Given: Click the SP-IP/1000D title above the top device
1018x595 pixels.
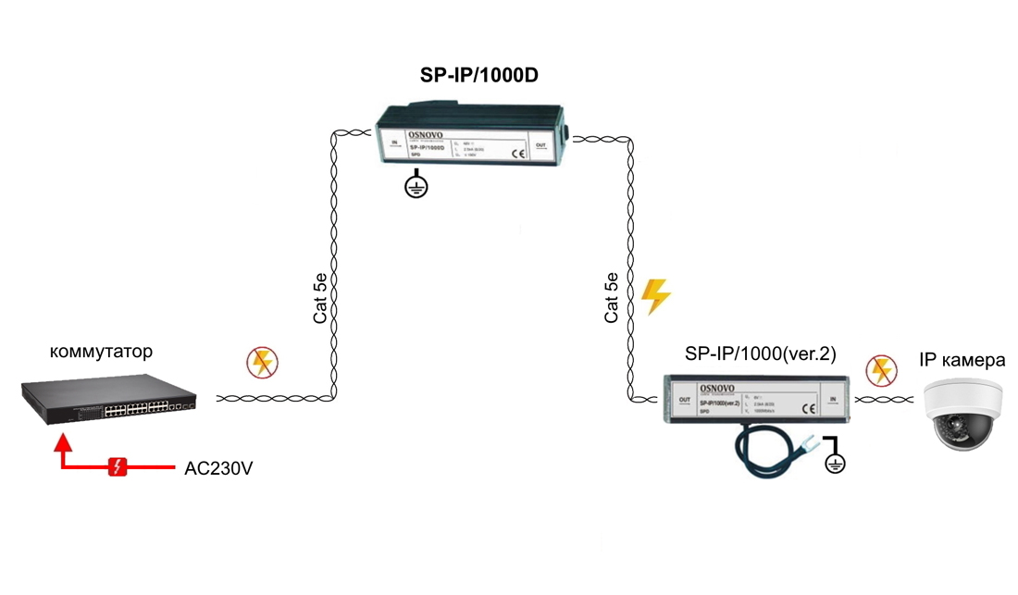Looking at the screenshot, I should (478, 76).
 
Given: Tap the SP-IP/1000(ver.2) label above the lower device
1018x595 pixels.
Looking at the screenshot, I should (760, 354).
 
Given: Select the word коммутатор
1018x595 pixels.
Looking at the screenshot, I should (101, 353).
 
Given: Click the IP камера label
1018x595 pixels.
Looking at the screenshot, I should (962, 360).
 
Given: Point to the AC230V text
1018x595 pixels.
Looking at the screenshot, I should (218, 468).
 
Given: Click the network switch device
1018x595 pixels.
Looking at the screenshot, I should (109, 399).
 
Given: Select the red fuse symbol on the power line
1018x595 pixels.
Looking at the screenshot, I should (118, 466).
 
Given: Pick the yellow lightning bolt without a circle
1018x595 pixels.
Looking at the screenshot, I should (655, 296).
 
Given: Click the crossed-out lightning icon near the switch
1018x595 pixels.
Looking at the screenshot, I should (263, 363).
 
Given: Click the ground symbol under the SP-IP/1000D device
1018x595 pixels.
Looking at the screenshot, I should (416, 187).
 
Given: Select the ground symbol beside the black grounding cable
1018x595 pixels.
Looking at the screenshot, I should (835, 462).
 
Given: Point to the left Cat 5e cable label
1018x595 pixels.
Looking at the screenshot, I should (319, 297).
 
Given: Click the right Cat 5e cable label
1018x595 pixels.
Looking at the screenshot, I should (611, 297).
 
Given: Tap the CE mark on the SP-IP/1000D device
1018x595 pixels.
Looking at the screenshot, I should (518, 154).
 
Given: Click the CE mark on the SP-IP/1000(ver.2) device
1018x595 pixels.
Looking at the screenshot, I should (807, 408).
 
